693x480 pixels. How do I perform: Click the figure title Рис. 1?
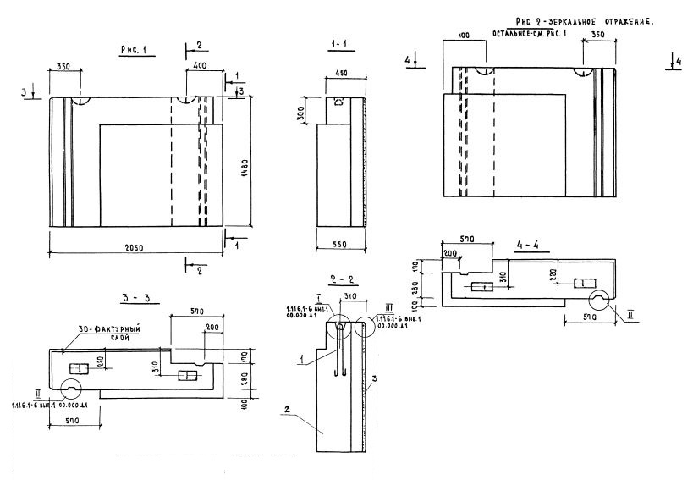134,51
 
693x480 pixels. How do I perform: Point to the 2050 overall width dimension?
136,246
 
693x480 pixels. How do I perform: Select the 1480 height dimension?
243,163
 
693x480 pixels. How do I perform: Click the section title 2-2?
338,279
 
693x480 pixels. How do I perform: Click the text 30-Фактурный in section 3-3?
110,328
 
